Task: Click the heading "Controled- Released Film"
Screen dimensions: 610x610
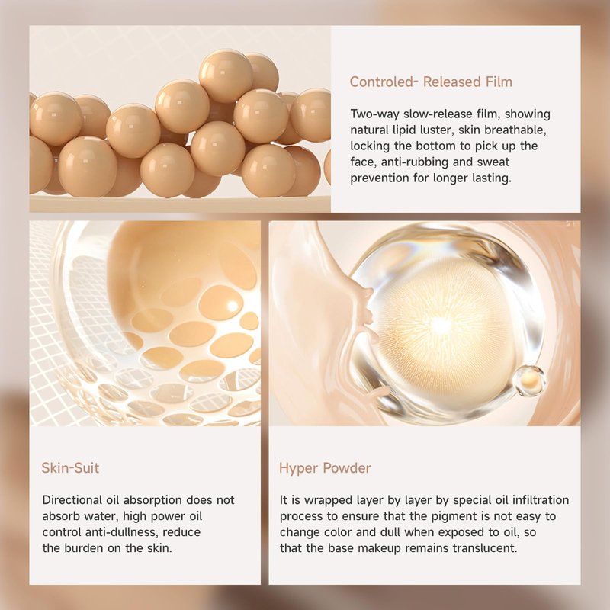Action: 431,82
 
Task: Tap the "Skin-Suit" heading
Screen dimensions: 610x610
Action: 70,467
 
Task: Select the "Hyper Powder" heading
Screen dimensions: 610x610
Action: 325,468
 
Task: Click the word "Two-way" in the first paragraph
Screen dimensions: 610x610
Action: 374,114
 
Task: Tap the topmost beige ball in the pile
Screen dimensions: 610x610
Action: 226,75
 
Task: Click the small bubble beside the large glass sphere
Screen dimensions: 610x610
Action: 529,380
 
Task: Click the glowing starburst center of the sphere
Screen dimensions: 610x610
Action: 441,325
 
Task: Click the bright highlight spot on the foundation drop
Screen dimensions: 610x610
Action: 233,307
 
